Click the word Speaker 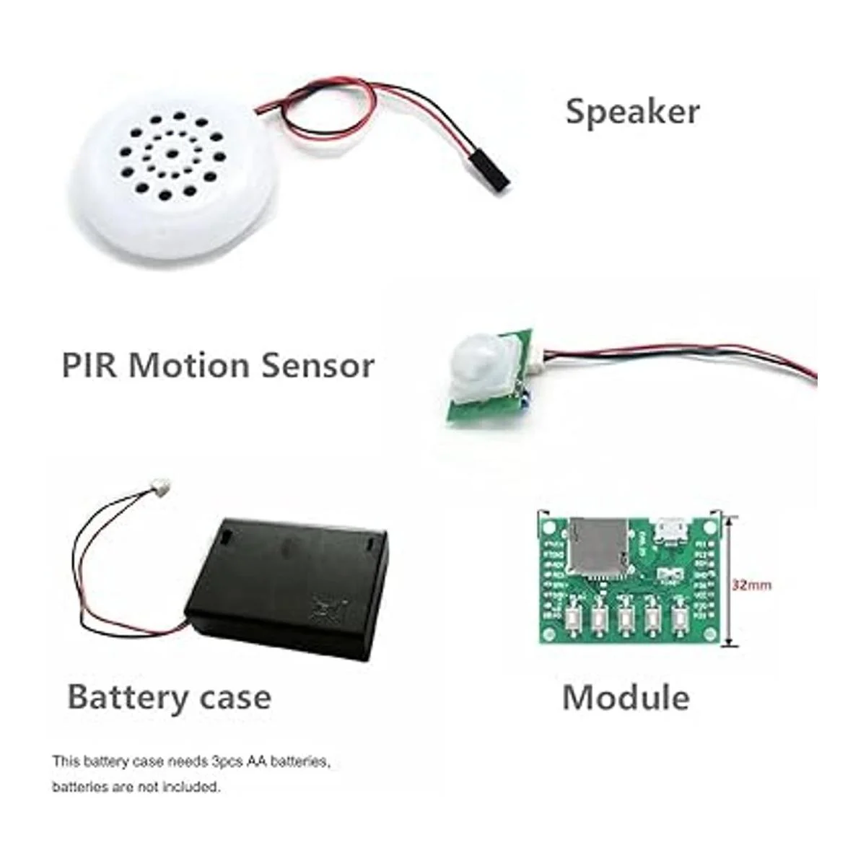tap(632, 113)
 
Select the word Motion tap(190, 365)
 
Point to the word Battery tap(127, 697)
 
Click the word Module tap(625, 697)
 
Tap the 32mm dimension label tap(751, 585)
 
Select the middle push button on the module tap(625, 618)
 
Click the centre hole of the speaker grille tap(173, 153)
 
